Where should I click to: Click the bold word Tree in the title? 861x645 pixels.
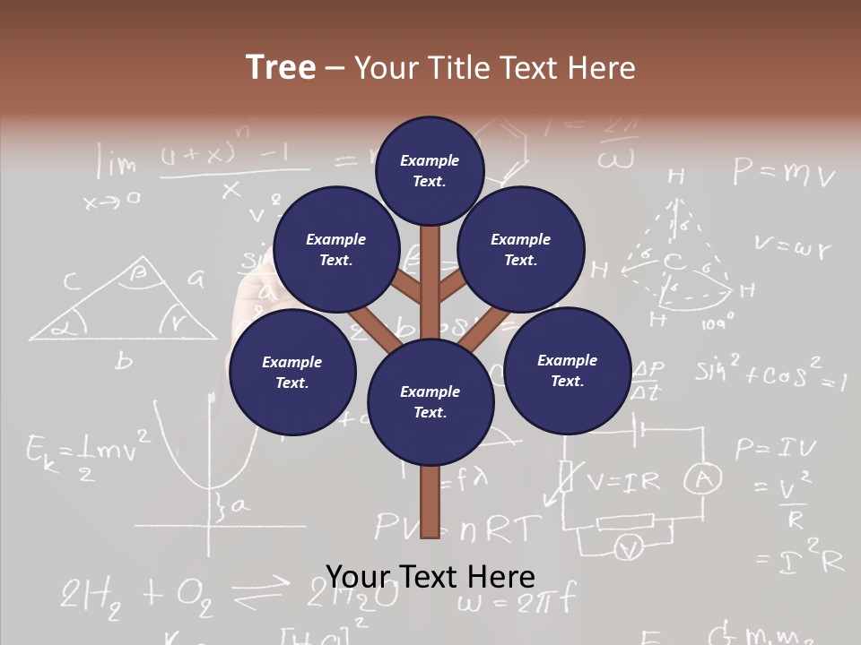tap(281, 67)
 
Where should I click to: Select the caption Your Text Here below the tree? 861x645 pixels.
tap(430, 577)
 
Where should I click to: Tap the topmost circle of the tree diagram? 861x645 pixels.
tap(430, 170)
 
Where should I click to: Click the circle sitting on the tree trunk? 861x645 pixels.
tap(430, 402)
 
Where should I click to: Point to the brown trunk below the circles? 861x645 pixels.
tap(430, 502)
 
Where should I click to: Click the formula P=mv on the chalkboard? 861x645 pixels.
tap(784, 171)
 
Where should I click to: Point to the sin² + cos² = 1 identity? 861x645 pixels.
tap(770, 374)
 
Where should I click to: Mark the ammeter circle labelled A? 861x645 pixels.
tap(703, 481)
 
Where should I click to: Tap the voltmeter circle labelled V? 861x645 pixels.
tap(631, 546)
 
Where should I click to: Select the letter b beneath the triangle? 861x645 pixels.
tap(124, 361)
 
